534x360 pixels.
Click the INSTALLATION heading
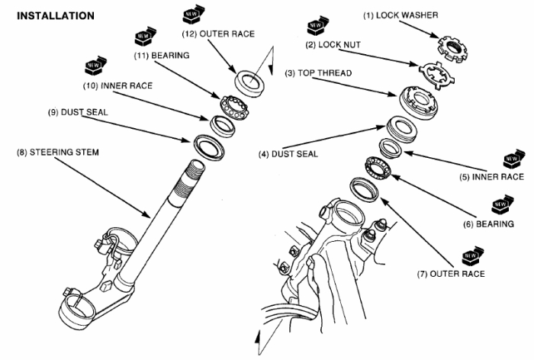56,16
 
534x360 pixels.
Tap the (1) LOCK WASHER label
400,15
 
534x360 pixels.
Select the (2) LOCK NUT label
333,45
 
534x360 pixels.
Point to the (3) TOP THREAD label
318,73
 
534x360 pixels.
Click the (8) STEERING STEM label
58,153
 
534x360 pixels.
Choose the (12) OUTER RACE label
218,34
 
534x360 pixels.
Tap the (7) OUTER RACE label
451,274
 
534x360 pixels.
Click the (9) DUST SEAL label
78,112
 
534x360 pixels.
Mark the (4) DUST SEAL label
288,154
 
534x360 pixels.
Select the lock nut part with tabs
437,76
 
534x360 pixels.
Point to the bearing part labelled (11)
234,108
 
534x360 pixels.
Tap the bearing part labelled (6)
378,168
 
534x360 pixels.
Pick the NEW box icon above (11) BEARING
145,36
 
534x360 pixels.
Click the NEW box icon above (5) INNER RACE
514,159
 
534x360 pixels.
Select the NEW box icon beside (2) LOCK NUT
318,25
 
